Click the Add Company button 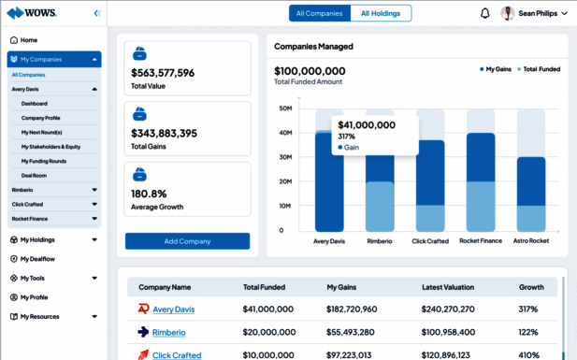tap(187, 241)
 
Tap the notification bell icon tap(484, 13)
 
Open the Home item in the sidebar tap(28, 40)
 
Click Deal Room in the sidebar tap(35, 175)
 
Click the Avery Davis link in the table tap(173, 310)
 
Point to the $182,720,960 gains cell tap(352, 310)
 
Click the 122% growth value tap(530, 332)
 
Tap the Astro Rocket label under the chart tap(531, 241)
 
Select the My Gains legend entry tap(496, 69)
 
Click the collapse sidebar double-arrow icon tap(97, 13)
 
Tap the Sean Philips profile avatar tap(508, 13)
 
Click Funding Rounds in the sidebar tap(43, 161)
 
